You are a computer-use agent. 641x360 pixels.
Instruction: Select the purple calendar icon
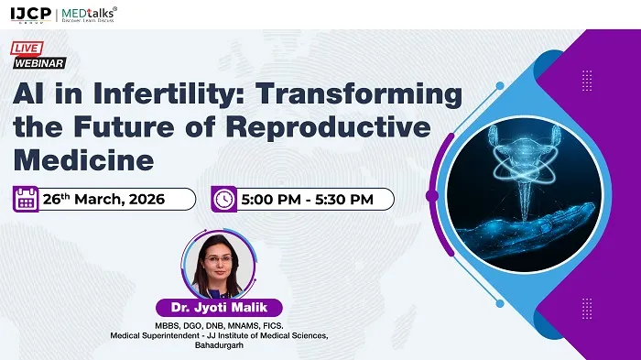pyautogui.click(x=26, y=199)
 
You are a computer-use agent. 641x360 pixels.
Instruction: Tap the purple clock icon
pyautogui.click(x=223, y=199)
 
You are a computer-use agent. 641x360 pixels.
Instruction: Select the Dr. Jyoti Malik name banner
pyautogui.click(x=218, y=307)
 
